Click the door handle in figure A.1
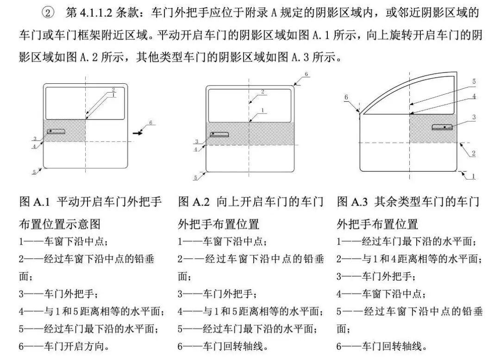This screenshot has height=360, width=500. point(56,131)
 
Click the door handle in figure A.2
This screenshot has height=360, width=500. point(219,135)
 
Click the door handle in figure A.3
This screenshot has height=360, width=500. point(442,127)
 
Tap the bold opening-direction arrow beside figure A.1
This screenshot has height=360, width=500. point(138,133)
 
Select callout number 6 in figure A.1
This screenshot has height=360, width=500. point(151,123)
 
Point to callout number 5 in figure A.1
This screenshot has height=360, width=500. point(34,172)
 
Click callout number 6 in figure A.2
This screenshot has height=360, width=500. point(306,74)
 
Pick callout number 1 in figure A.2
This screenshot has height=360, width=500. point(263,111)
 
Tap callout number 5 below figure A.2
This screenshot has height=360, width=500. point(195,178)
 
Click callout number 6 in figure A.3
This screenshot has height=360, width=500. point(346,97)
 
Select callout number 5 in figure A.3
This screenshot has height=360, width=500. point(474,81)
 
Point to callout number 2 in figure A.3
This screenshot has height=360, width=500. point(474,153)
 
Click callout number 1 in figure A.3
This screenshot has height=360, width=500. point(474,176)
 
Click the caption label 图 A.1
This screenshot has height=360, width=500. point(35,202)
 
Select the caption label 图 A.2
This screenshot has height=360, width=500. point(194,202)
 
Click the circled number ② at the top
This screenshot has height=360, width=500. point(48,13)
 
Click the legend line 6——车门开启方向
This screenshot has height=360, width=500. point(64,346)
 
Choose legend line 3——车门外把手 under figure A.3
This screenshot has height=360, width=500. point(376,276)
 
